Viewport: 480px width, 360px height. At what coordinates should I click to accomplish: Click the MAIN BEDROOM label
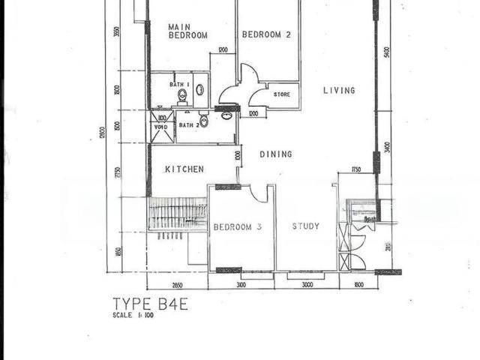187,31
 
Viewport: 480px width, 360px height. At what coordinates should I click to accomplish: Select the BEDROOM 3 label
237,226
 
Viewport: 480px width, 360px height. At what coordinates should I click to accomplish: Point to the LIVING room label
339,91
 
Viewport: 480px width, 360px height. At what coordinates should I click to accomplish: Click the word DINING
276,154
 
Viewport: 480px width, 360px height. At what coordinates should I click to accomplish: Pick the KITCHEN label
184,169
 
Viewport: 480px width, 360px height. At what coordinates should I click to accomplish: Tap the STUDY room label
306,226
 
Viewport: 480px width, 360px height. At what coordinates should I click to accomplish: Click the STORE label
282,94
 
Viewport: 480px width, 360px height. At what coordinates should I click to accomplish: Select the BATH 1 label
177,85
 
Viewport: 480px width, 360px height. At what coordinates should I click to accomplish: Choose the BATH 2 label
188,124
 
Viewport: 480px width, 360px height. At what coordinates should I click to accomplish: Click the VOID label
161,127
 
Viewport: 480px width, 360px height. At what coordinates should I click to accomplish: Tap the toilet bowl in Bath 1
182,95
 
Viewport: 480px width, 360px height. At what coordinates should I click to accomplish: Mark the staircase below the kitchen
177,213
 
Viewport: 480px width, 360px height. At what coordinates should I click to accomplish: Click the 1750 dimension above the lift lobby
356,170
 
